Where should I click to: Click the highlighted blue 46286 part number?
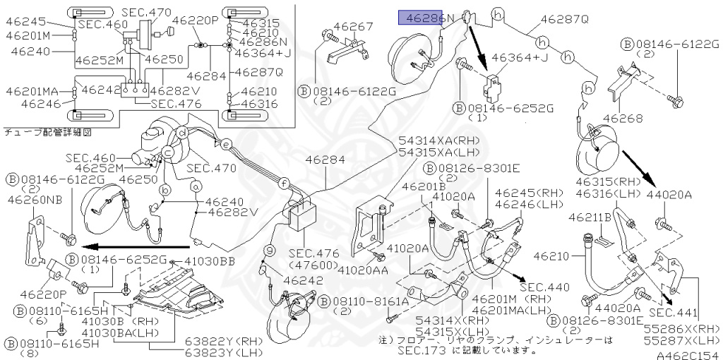(x=420, y=18)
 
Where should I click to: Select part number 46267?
(x=354, y=26)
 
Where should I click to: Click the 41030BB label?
(x=209, y=262)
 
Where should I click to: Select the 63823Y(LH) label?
(x=224, y=353)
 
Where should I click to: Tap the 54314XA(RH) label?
(x=438, y=141)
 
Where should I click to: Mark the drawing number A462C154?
(x=689, y=355)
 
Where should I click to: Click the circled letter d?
(x=183, y=134)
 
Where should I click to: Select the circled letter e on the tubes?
(x=225, y=144)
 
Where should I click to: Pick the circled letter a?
(x=196, y=186)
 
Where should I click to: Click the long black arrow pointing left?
(x=138, y=246)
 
